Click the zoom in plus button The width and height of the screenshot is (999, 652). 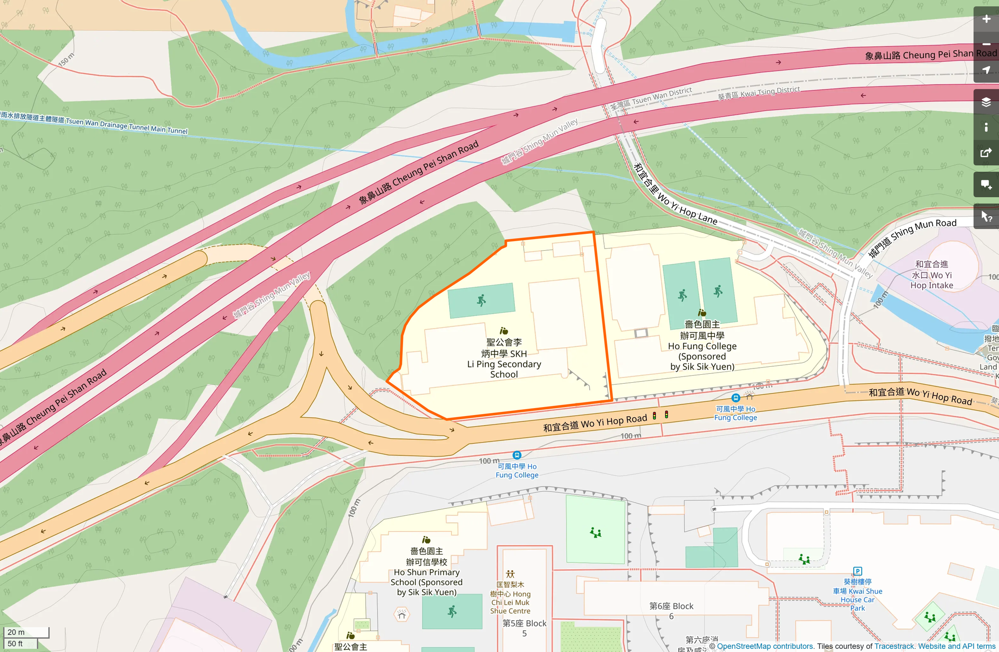pos(986,19)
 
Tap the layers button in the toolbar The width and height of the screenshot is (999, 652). pos(986,102)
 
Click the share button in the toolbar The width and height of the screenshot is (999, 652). pos(986,153)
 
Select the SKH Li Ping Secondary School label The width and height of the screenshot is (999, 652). pos(504,358)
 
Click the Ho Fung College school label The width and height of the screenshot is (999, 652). pos(702,346)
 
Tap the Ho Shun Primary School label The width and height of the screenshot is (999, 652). pos(426,572)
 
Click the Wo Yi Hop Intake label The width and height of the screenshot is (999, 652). pos(932,275)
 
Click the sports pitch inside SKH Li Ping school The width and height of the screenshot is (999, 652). pos(481,301)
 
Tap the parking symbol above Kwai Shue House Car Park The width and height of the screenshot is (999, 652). pos(857,571)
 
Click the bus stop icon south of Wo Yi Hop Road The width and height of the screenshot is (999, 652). pos(517,455)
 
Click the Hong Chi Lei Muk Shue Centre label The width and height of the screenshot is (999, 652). pos(510,598)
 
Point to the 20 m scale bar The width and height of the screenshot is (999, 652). pos(27,632)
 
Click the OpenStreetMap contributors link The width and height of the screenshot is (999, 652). pos(765,646)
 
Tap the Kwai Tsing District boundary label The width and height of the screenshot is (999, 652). pos(759,93)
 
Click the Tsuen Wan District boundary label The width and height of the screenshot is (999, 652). pos(651,99)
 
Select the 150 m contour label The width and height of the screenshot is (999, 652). pos(66,59)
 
